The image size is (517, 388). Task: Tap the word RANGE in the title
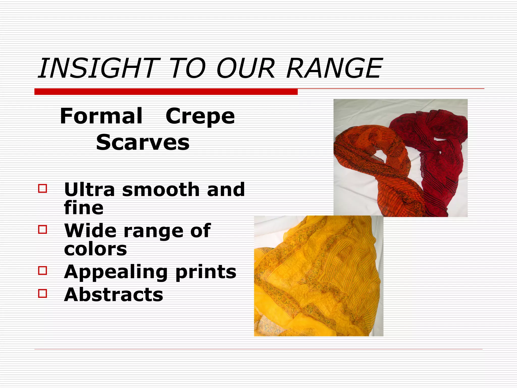(x=334, y=68)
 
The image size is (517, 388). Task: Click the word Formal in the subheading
(x=101, y=116)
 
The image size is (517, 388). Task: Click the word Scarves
(x=143, y=142)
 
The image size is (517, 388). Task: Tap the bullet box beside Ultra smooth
(x=42, y=188)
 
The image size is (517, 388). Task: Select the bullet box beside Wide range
(x=42, y=229)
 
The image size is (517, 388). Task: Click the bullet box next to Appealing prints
(x=42, y=271)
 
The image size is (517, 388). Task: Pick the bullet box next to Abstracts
(x=42, y=294)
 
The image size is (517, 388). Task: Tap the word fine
(x=84, y=208)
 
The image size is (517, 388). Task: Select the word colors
(x=95, y=249)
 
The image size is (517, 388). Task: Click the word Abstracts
(x=114, y=295)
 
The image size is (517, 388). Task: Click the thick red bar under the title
(x=166, y=92)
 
